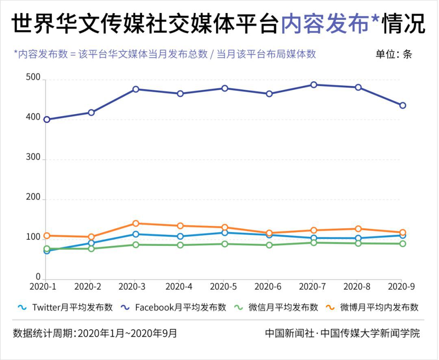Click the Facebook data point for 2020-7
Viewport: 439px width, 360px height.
coord(313,85)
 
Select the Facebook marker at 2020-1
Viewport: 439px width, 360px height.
coord(47,119)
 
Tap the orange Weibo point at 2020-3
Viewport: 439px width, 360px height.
coord(136,223)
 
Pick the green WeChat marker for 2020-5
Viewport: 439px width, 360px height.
coord(224,244)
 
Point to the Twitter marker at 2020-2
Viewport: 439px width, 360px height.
coord(91,243)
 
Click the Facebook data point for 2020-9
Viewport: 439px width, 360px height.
coord(402,106)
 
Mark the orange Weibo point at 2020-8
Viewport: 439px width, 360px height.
coord(358,229)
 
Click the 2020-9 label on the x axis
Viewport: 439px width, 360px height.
coord(401,286)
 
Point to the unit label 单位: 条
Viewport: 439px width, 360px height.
coord(393,54)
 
